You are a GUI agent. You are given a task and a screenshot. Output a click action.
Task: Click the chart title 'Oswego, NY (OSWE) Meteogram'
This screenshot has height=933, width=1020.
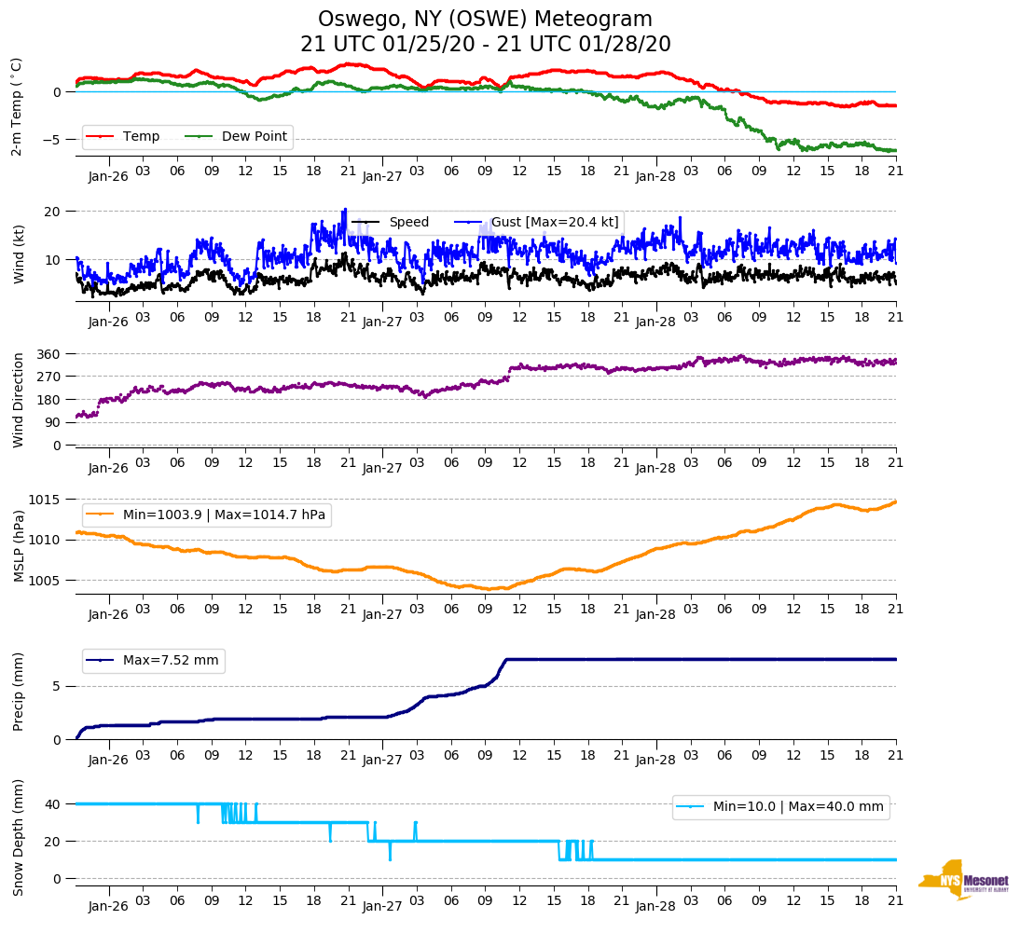click(x=485, y=20)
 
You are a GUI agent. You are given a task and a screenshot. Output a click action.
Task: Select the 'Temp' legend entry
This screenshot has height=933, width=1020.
click(x=141, y=137)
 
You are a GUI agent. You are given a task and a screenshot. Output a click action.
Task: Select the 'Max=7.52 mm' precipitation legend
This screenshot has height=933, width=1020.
click(x=171, y=661)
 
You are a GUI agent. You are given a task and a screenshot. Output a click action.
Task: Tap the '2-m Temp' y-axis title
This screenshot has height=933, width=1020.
click(x=17, y=106)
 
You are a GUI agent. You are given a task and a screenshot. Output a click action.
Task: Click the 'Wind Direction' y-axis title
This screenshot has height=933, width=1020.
click(x=19, y=399)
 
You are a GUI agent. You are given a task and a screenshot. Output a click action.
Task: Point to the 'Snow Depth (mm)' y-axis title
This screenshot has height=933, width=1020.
click(x=19, y=837)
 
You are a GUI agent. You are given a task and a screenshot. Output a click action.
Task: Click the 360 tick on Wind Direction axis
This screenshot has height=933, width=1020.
click(x=49, y=354)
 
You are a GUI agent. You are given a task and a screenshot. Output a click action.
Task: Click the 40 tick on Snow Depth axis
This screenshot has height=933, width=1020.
click(x=53, y=804)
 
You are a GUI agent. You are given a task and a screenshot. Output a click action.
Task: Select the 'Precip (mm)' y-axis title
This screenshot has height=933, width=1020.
click(x=19, y=692)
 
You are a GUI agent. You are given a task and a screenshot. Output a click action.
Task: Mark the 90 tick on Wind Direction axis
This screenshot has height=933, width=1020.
click(x=53, y=422)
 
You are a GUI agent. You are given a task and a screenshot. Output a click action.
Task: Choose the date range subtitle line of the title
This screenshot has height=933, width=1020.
click(x=485, y=45)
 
